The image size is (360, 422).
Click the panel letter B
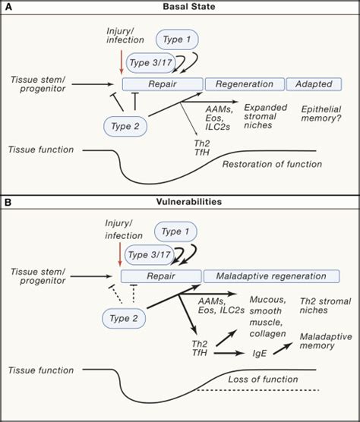8,203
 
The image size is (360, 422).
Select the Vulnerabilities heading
180,203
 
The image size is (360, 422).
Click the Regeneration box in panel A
243,83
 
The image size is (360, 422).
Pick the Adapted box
312,83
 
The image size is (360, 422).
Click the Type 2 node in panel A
125,126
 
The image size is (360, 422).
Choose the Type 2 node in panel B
125,317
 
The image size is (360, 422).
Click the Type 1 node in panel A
178,39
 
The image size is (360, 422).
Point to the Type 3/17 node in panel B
149,254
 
